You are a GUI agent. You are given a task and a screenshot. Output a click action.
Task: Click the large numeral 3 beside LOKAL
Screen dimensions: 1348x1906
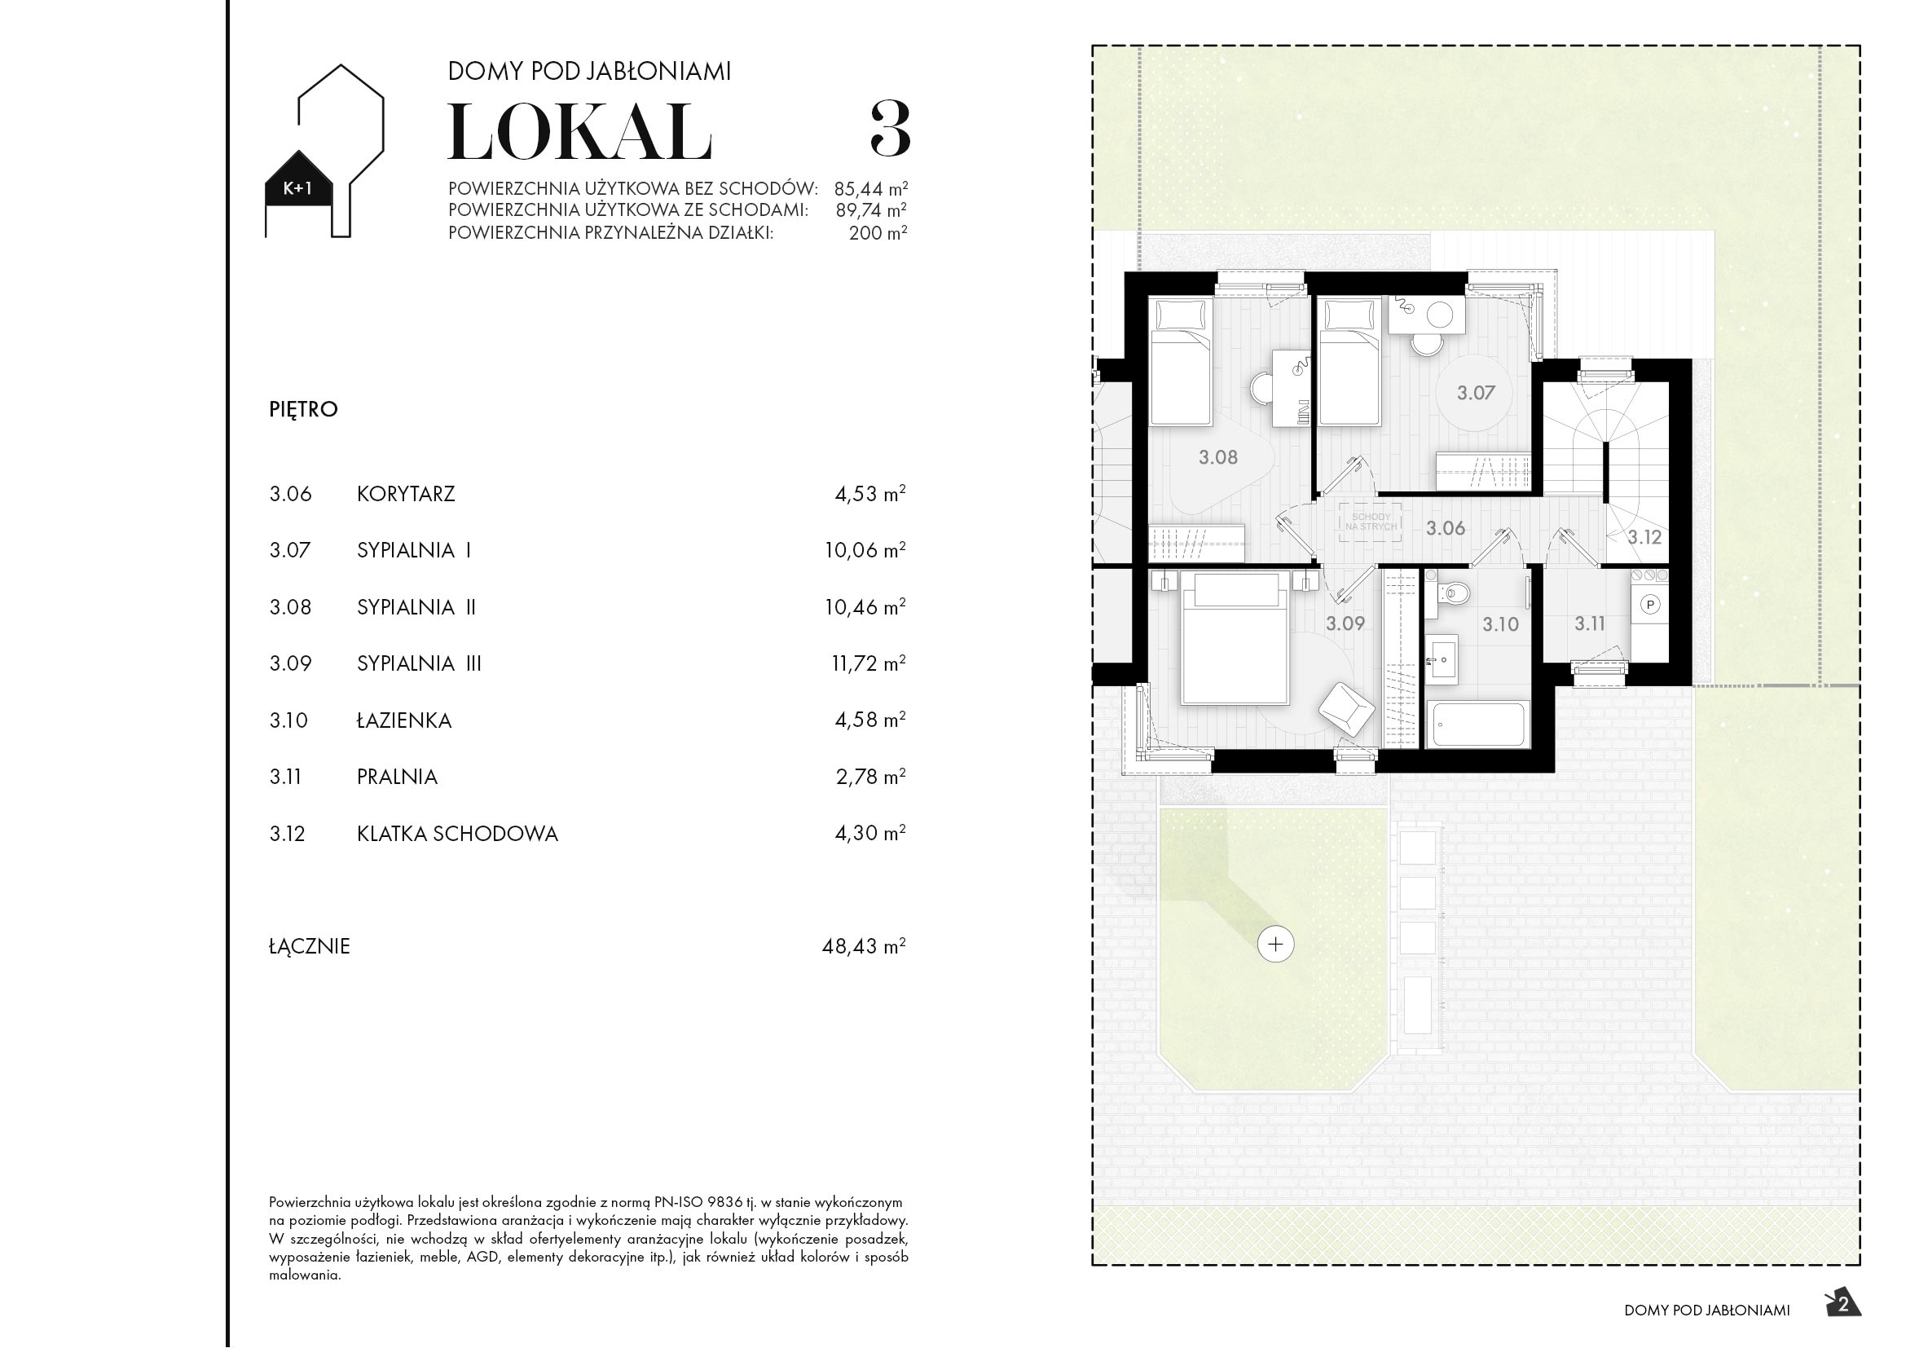(x=890, y=130)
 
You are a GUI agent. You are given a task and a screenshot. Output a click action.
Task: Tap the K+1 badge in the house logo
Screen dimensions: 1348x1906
(x=298, y=188)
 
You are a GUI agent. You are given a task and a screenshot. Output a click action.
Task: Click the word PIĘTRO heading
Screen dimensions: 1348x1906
(x=304, y=409)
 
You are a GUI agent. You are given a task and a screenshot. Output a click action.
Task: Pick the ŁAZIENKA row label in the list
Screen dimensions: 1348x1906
(x=404, y=720)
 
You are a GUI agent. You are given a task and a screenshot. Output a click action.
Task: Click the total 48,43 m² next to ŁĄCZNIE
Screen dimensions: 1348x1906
(x=863, y=946)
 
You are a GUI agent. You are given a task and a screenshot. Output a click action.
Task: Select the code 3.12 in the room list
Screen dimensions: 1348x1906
(x=287, y=835)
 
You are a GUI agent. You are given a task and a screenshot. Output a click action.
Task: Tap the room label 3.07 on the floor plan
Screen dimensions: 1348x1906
(x=1476, y=394)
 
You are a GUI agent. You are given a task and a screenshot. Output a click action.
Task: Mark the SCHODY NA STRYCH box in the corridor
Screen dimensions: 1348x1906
(x=1371, y=522)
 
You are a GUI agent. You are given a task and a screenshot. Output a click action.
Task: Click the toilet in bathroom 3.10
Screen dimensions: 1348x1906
(x=1455, y=593)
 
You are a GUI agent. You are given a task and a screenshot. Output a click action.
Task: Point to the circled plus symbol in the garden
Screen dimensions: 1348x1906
(x=1275, y=944)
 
